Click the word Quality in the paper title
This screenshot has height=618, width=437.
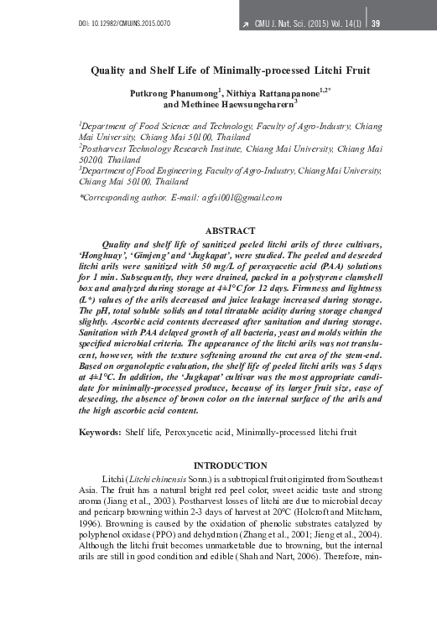click(x=110, y=71)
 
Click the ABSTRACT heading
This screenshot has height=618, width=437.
click(x=230, y=231)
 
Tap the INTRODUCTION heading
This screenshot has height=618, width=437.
click(x=230, y=465)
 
